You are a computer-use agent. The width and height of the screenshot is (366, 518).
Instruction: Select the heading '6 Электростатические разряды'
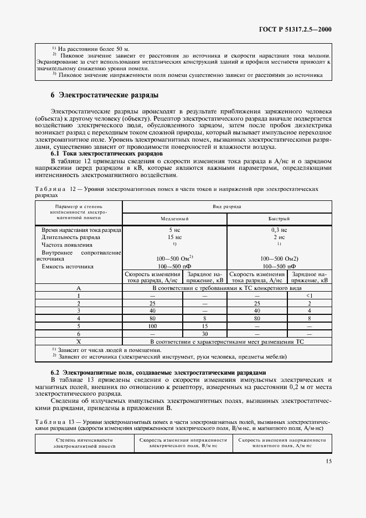(105, 95)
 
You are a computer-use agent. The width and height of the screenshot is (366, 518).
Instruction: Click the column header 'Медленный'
(174, 219)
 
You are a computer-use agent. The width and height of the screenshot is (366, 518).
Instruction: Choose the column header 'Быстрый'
(279, 219)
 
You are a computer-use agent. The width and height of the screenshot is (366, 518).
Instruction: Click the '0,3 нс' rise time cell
(279, 229)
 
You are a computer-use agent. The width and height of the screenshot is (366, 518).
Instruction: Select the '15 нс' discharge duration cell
(174, 237)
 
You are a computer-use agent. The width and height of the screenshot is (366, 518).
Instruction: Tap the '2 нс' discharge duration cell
(279, 237)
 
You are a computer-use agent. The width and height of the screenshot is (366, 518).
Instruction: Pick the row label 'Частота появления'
(66, 244)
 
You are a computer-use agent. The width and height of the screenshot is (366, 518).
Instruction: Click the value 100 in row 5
(152, 327)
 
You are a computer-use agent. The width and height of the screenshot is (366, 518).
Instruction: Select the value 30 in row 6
(204, 334)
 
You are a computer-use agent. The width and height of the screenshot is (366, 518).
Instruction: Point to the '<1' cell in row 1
(309, 296)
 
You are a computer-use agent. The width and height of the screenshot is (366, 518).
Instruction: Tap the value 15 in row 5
(204, 327)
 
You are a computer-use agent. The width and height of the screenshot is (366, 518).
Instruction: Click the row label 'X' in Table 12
(78, 342)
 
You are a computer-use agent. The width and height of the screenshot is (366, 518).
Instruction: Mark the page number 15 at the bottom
(328, 460)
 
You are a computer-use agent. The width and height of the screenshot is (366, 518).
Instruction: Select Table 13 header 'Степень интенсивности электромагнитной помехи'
(85, 442)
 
